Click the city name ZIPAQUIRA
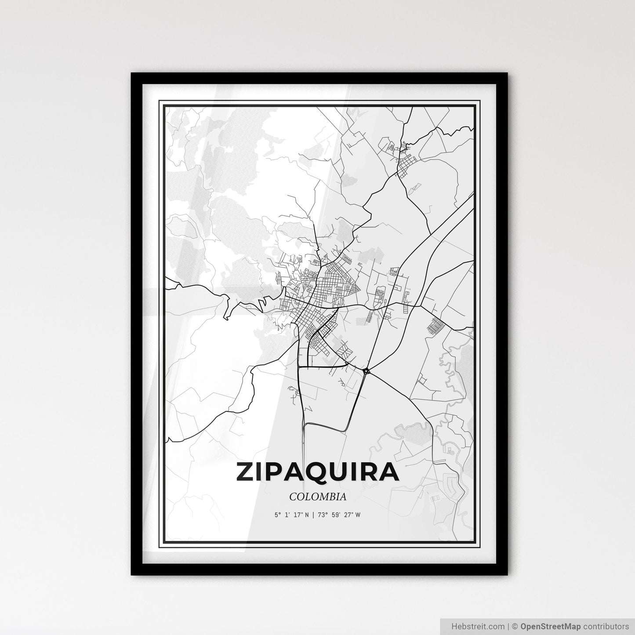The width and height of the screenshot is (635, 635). (x=317, y=472)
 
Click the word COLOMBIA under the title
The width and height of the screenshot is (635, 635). (x=317, y=497)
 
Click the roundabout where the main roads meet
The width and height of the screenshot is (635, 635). (x=366, y=372)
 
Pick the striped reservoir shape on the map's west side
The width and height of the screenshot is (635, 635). (x=181, y=226)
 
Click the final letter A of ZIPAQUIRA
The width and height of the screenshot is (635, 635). (x=389, y=472)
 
